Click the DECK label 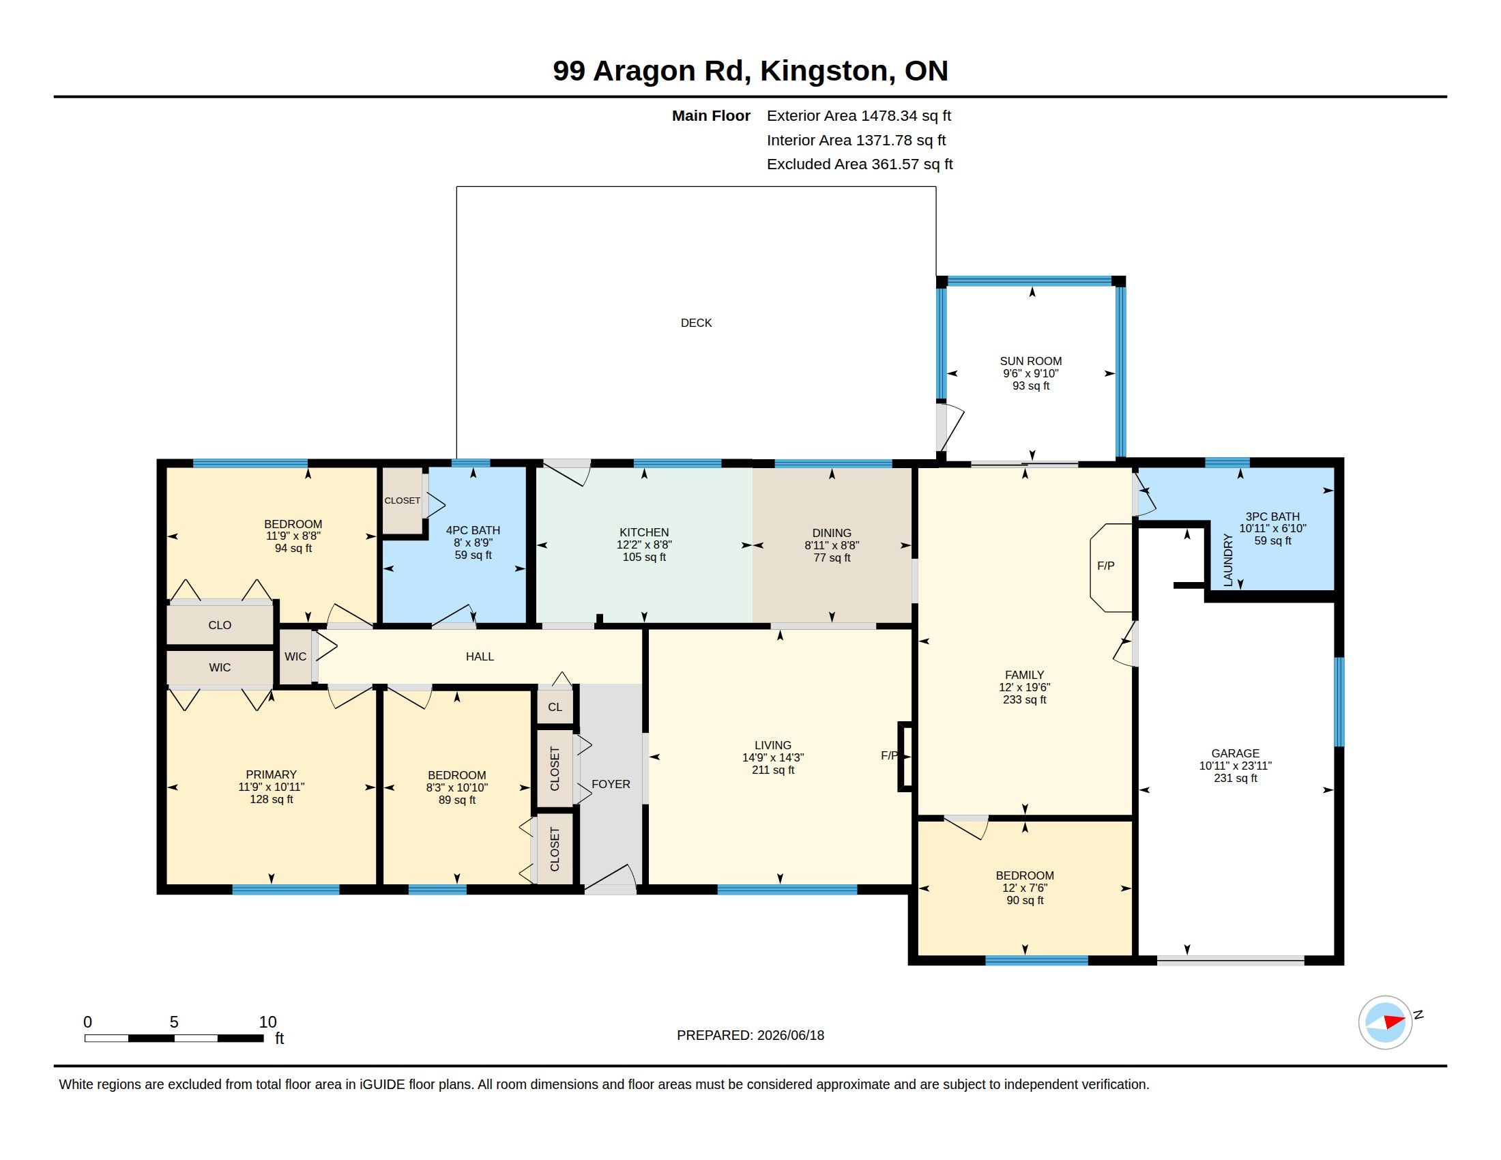tap(695, 323)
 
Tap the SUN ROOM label tap(1030, 361)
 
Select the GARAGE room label tap(1235, 753)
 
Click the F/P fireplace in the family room tap(1106, 566)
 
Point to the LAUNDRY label tap(1228, 560)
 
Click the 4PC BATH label tap(473, 530)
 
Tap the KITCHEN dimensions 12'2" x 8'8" tap(644, 545)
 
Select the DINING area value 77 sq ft tap(832, 557)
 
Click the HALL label tap(480, 656)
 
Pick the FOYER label tap(611, 784)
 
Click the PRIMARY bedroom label tap(271, 774)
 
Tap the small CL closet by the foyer tap(555, 707)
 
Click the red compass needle tap(1394, 1021)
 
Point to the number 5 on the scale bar tap(174, 1022)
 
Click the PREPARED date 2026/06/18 tap(790, 1035)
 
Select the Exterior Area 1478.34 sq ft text tap(858, 116)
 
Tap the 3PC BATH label tap(1272, 517)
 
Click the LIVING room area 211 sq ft tap(772, 770)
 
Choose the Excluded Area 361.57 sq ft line tap(859, 164)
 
